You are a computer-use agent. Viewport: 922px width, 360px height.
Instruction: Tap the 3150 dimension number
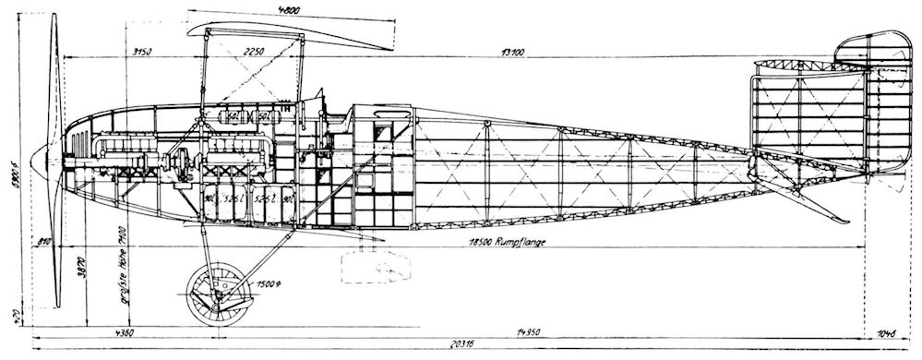[142, 52]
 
